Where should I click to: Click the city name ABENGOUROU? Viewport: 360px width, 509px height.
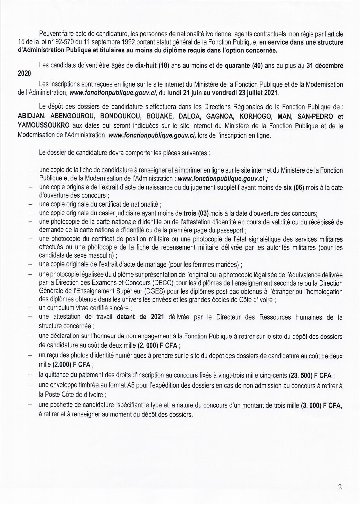click(x=73, y=117)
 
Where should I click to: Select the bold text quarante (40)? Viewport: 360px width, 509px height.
click(x=244, y=65)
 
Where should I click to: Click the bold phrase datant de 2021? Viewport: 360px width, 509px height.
click(x=141, y=317)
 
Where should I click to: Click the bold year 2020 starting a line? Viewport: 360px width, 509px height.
click(x=24, y=74)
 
